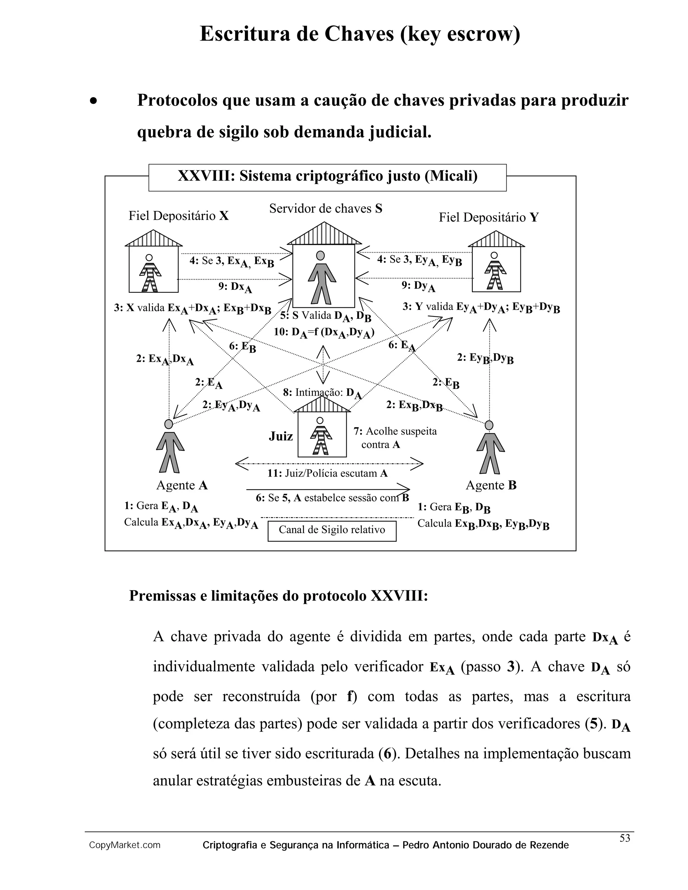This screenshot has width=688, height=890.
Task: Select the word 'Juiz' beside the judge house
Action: point(281,437)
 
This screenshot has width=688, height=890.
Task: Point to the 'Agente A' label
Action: point(182,485)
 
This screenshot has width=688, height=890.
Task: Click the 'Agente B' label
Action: point(491,485)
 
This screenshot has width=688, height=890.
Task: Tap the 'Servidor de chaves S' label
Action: point(326,209)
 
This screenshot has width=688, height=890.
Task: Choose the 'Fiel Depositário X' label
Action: point(178,216)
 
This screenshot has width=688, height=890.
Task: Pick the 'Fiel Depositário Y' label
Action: point(488,217)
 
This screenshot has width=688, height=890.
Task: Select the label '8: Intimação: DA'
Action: point(322,393)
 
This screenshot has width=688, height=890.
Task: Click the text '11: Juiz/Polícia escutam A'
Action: point(327,473)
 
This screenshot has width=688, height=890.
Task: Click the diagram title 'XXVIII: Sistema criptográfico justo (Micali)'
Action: point(327,176)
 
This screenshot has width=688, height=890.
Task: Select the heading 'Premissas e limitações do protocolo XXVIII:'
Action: point(278,595)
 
